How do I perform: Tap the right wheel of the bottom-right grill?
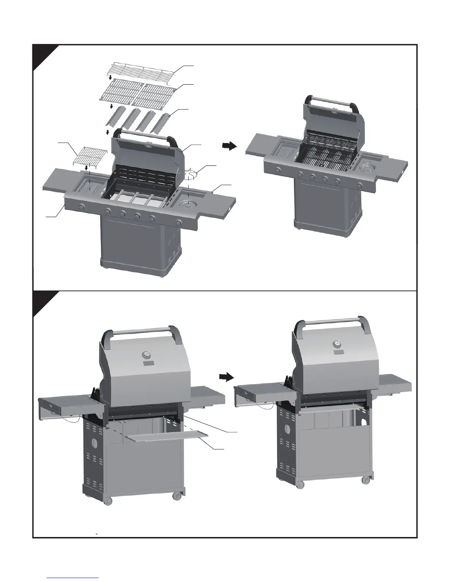[365, 479]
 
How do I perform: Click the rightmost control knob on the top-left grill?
[179, 222]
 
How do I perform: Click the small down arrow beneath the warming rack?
[110, 78]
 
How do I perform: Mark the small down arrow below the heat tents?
[107, 132]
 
